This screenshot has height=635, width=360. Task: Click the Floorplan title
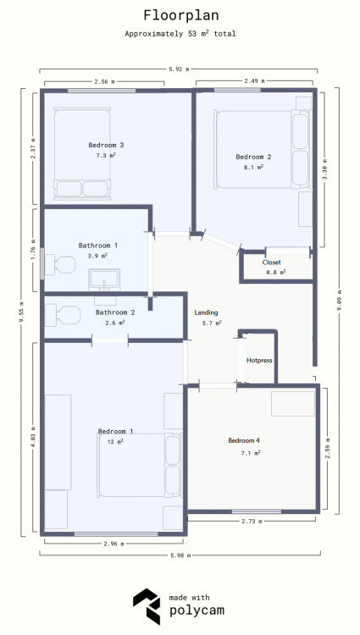tap(181, 15)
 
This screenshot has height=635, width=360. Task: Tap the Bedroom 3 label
tap(106, 145)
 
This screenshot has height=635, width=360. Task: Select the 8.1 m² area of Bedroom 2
tap(253, 167)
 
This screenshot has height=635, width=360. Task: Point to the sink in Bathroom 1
tap(104, 279)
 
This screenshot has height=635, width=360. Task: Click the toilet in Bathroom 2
tap(63, 316)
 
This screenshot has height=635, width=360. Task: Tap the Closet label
tap(271, 262)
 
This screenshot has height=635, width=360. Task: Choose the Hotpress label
tap(259, 360)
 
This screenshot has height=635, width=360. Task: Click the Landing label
tap(206, 312)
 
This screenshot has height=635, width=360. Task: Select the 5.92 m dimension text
tap(179, 69)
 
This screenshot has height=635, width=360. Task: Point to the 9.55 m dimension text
tap(22, 312)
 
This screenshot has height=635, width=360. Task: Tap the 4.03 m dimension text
tap(33, 437)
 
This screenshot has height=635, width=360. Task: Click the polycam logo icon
tap(147, 606)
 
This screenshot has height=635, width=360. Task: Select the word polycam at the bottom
tap(197, 610)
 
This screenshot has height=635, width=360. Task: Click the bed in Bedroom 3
tap(83, 153)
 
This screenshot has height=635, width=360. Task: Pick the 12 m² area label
tap(114, 441)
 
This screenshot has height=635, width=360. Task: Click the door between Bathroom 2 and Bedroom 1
tap(110, 340)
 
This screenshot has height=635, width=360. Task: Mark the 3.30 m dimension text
tap(325, 169)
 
